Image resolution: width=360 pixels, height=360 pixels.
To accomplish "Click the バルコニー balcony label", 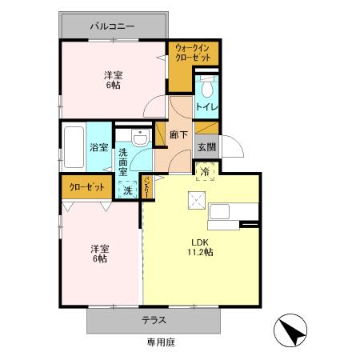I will [x=112, y=27].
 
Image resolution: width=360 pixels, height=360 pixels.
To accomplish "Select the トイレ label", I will [x=206, y=106].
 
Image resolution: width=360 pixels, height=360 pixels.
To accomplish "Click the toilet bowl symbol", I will [x=206, y=86].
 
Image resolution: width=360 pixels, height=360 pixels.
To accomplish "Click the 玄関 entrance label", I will [x=206, y=146].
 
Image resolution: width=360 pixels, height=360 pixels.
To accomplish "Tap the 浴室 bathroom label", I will [x=99, y=147].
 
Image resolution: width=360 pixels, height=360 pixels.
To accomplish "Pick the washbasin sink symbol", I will [x=141, y=138].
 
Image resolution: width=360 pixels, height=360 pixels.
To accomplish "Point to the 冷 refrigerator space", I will [x=205, y=171].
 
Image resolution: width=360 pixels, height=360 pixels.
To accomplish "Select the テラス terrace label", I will [x=154, y=320].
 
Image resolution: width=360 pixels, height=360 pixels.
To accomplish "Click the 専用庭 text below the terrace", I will [x=160, y=342].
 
